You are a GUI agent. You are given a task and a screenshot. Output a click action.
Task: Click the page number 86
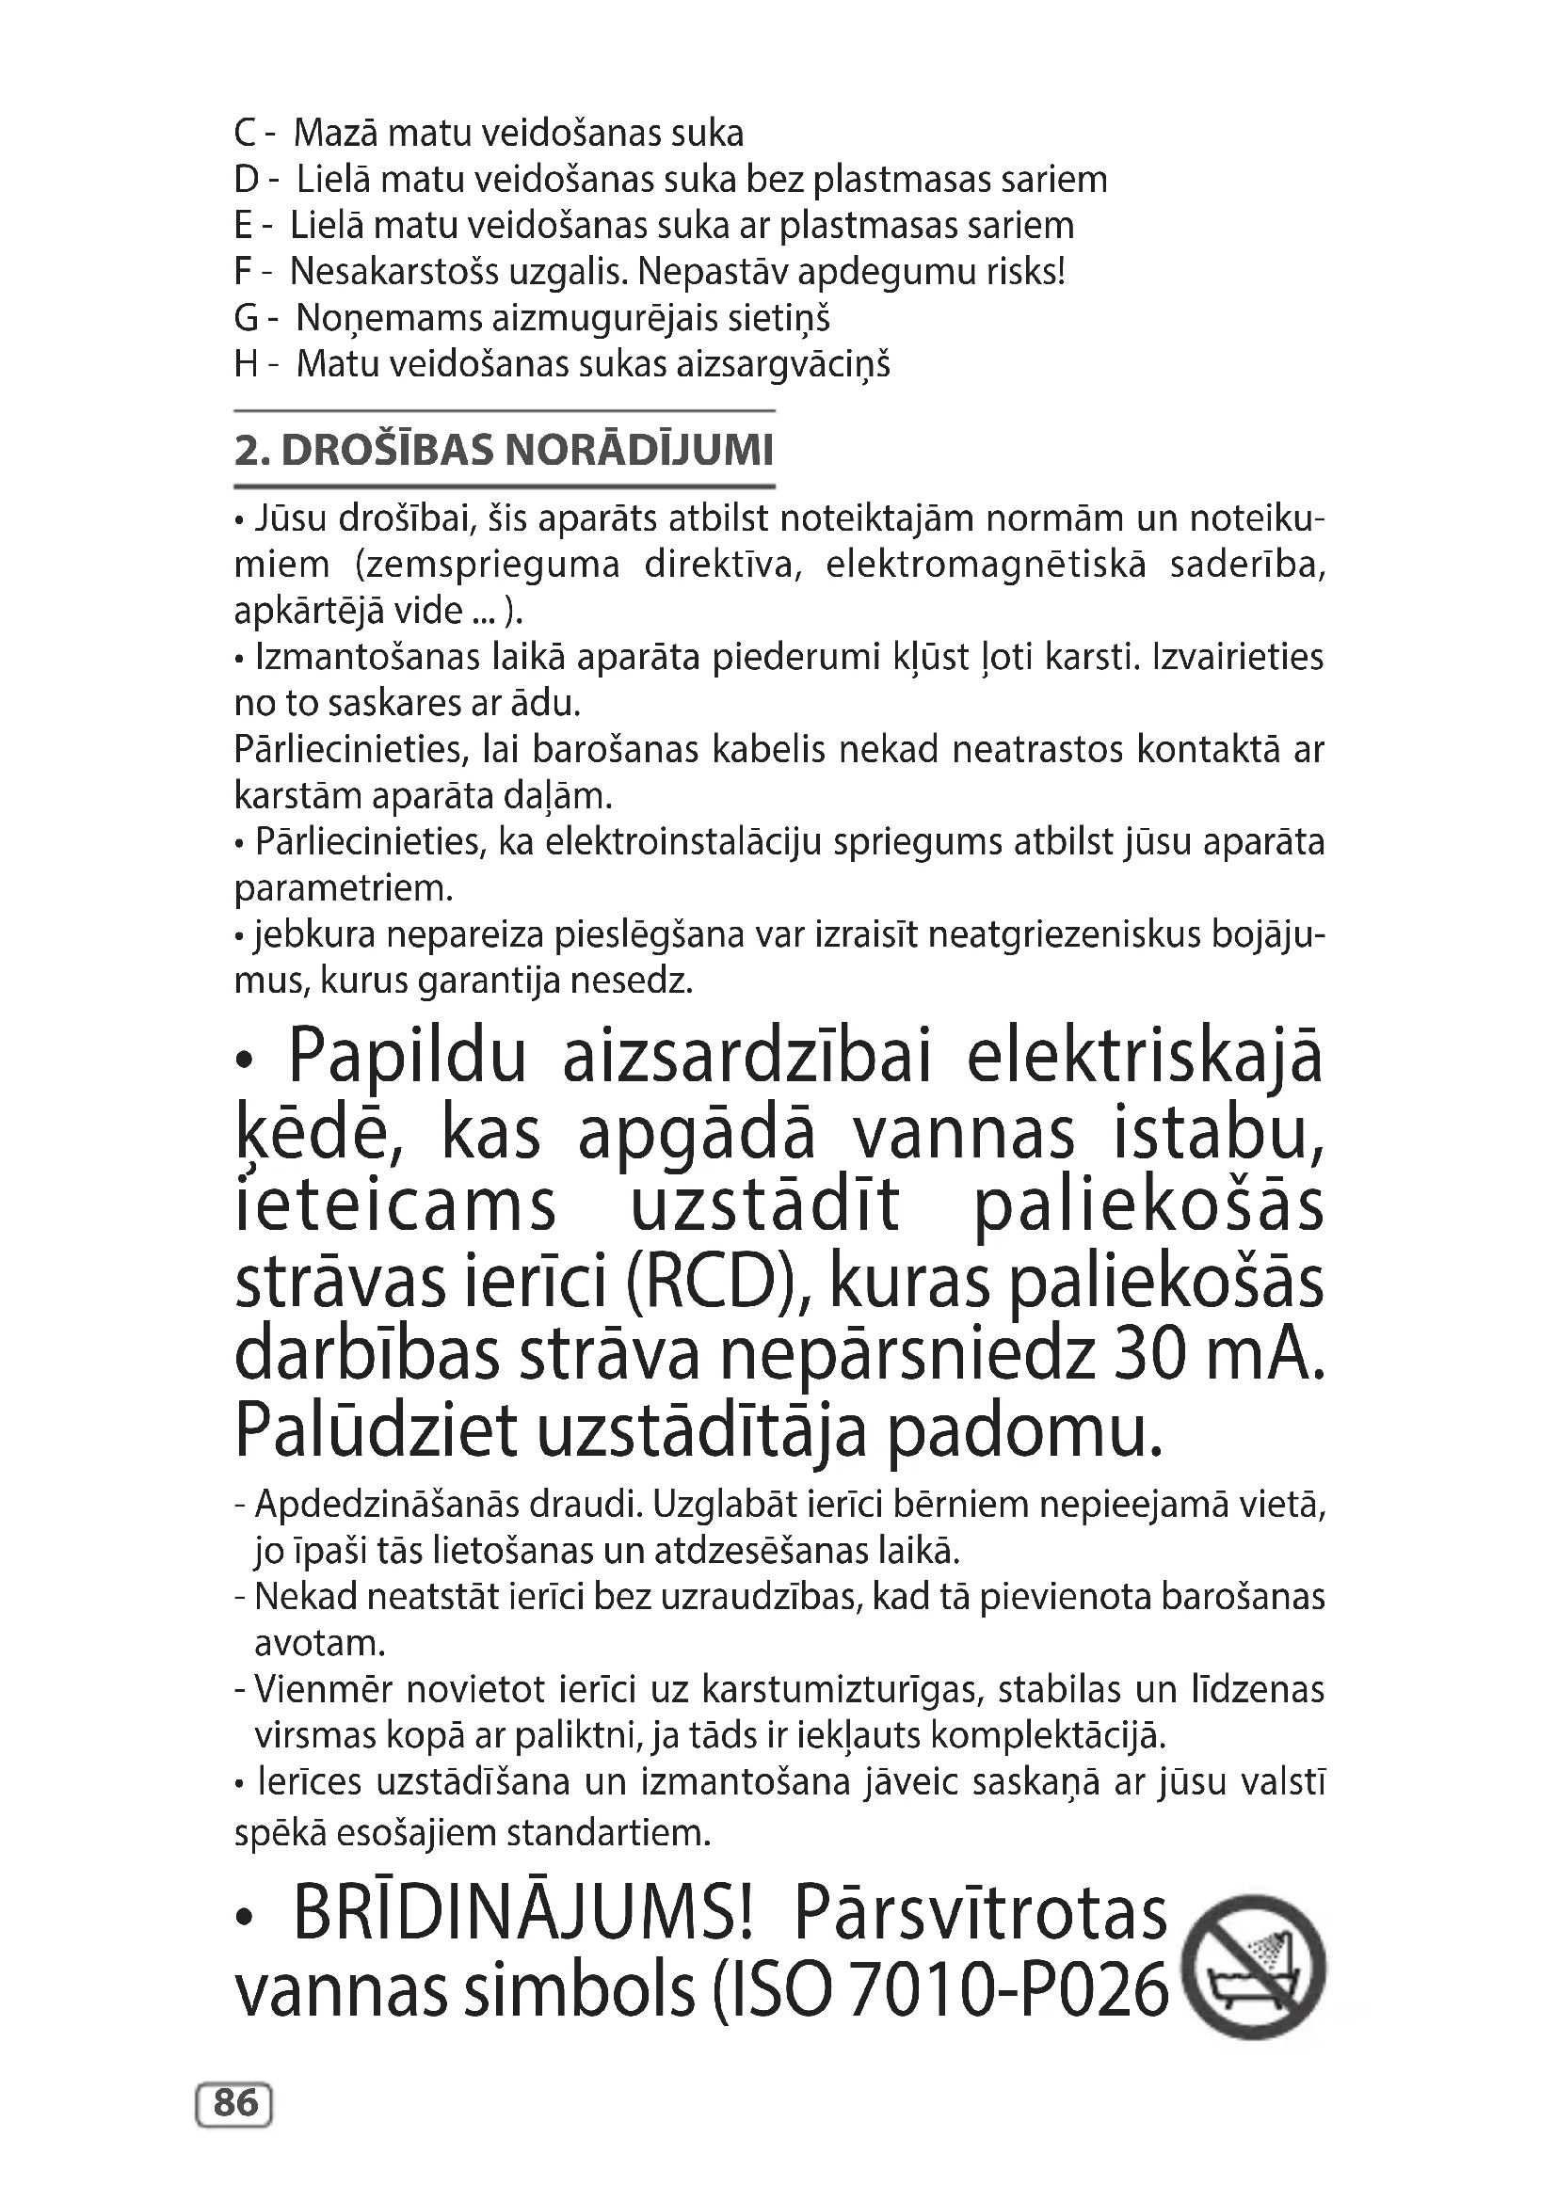[x=235, y=2103]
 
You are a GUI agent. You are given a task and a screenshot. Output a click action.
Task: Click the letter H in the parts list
[x=246, y=364]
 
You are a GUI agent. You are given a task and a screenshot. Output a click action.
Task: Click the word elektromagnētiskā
[x=985, y=565]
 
